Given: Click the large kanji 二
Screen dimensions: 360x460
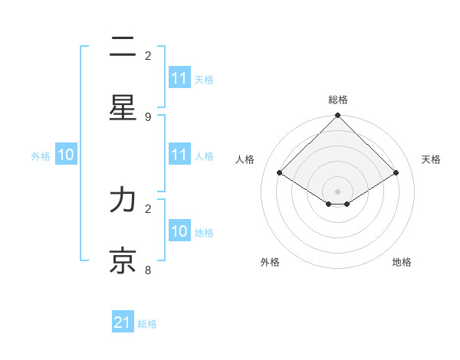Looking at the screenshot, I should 123,47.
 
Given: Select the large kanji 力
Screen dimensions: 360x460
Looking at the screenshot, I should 123,201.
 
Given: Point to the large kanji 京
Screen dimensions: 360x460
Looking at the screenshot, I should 123,260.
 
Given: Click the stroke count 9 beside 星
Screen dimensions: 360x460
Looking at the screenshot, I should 148,116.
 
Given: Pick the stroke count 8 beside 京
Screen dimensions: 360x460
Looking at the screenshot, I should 148,270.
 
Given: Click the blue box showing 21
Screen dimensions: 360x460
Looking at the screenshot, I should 122,323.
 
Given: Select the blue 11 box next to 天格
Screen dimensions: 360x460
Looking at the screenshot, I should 179,78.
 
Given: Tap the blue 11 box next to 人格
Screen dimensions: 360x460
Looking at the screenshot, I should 179,155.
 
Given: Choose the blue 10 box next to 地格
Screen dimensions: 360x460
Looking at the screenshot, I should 179,231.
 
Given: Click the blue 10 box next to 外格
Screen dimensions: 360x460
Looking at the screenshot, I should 65,155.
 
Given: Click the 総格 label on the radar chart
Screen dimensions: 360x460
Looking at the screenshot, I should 337,100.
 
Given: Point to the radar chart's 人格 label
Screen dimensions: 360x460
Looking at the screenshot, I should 245,159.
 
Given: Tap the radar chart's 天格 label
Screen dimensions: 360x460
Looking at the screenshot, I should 431,159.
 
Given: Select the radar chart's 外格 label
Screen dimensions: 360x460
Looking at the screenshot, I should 270,262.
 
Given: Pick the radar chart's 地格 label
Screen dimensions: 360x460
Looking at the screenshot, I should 402,262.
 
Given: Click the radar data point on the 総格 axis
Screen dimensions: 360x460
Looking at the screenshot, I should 337,116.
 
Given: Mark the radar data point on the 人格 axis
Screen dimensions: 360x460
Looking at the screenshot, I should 280,173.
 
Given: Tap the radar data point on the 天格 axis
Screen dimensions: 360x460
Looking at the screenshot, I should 396,173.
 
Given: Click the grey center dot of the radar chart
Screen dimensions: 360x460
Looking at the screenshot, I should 337,191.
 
